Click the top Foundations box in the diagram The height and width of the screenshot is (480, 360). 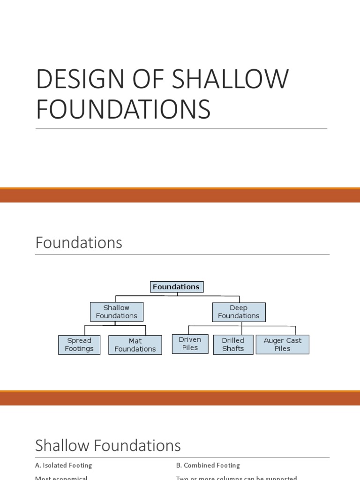tap(177, 287)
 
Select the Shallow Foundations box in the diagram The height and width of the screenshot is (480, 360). tap(116, 312)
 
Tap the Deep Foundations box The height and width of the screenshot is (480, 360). tap(239, 312)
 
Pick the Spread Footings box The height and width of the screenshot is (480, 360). tap(79, 345)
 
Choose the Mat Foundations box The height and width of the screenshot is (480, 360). tap(135, 345)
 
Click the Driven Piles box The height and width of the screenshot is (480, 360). tap(190, 344)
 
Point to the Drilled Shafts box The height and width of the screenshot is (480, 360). tap(233, 344)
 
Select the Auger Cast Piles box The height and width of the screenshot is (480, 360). tap(282, 344)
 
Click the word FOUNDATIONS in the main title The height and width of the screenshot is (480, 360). tap(123, 108)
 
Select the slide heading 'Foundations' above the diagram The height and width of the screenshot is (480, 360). tap(79, 242)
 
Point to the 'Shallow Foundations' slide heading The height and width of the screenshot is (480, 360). tap(108, 445)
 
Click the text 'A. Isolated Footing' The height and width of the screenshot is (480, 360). tap(64, 465)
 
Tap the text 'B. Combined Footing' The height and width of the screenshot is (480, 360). tap(208, 465)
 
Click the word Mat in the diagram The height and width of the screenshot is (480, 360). tap(135, 341)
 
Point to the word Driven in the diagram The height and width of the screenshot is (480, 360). tap(190, 339)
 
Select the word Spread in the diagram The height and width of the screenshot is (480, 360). tap(79, 340)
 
